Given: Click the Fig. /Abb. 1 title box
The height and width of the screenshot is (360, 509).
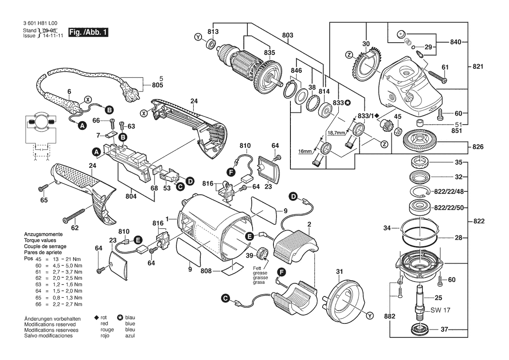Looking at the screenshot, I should coord(88,32).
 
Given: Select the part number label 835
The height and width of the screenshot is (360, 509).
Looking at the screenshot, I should coord(270,53).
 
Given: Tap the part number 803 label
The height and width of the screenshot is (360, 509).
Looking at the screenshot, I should coord(288,35).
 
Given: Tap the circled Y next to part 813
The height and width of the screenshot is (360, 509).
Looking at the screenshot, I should coord(199,37).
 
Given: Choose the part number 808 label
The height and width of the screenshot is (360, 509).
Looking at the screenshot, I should coord(206,271).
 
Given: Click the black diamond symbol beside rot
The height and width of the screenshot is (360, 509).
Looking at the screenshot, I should coord(97,318).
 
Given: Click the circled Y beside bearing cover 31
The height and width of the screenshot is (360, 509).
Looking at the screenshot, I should coord(370,315).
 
